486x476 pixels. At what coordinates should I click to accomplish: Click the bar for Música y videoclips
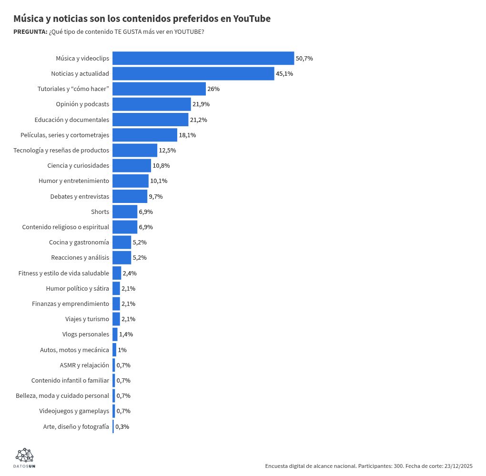tap(203, 58)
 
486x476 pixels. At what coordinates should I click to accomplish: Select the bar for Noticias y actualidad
tap(193, 73)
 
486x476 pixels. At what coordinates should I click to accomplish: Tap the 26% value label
tap(213, 89)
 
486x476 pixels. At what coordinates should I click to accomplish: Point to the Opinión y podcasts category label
tap(82, 104)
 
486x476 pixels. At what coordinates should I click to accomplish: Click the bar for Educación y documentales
tap(150, 120)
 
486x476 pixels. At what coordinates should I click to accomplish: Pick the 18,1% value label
tap(187, 135)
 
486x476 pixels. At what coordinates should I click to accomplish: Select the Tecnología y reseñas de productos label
tap(61, 150)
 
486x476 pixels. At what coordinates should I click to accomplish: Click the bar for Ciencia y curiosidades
tap(132, 165)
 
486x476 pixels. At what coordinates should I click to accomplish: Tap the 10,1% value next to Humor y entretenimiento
tap(159, 181)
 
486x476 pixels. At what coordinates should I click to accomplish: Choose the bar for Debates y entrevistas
tap(130, 196)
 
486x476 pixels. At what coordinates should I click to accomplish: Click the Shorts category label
tap(100, 212)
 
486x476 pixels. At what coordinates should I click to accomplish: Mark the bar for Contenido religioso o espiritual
tap(125, 227)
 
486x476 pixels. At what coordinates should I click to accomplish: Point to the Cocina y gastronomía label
tap(79, 242)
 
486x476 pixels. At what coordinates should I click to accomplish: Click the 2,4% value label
tap(130, 273)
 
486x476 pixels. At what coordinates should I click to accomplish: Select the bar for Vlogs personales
tap(115, 334)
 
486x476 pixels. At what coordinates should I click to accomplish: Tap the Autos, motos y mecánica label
tap(74, 350)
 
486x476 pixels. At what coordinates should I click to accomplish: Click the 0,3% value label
tap(122, 426)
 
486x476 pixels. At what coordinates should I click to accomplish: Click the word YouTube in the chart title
tap(252, 19)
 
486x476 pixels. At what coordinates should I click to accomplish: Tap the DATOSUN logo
tap(24, 458)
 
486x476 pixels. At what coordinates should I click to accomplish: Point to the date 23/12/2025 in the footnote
tap(458, 466)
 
